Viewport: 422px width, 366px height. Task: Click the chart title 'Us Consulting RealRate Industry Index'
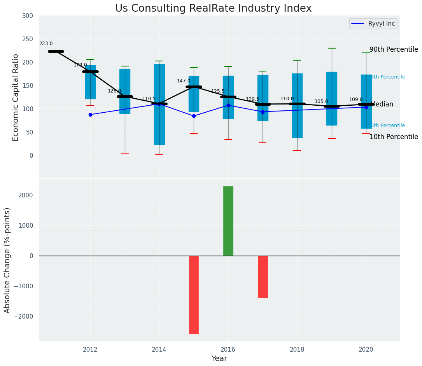[213, 9]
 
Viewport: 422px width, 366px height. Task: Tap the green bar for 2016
[228, 221]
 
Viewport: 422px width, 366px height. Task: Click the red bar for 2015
[194, 295]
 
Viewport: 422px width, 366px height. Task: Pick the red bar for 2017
[263, 277]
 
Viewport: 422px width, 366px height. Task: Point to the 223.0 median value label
[46, 44]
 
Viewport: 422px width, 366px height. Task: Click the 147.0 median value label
[184, 81]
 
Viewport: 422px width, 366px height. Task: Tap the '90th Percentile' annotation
[394, 50]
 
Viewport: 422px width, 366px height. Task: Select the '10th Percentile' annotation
[394, 137]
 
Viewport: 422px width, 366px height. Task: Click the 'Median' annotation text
[382, 105]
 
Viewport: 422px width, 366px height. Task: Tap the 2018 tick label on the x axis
[297, 350]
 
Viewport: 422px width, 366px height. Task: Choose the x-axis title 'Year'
[219, 359]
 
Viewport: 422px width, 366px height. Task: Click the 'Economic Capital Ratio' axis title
[16, 97]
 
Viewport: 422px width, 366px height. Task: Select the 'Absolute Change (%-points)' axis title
[7, 260]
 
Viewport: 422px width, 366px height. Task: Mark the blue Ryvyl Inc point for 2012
[90, 115]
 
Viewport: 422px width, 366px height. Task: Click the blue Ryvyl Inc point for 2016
[228, 105]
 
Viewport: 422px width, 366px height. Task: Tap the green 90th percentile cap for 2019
[332, 48]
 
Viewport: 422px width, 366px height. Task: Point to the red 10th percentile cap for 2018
[297, 150]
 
